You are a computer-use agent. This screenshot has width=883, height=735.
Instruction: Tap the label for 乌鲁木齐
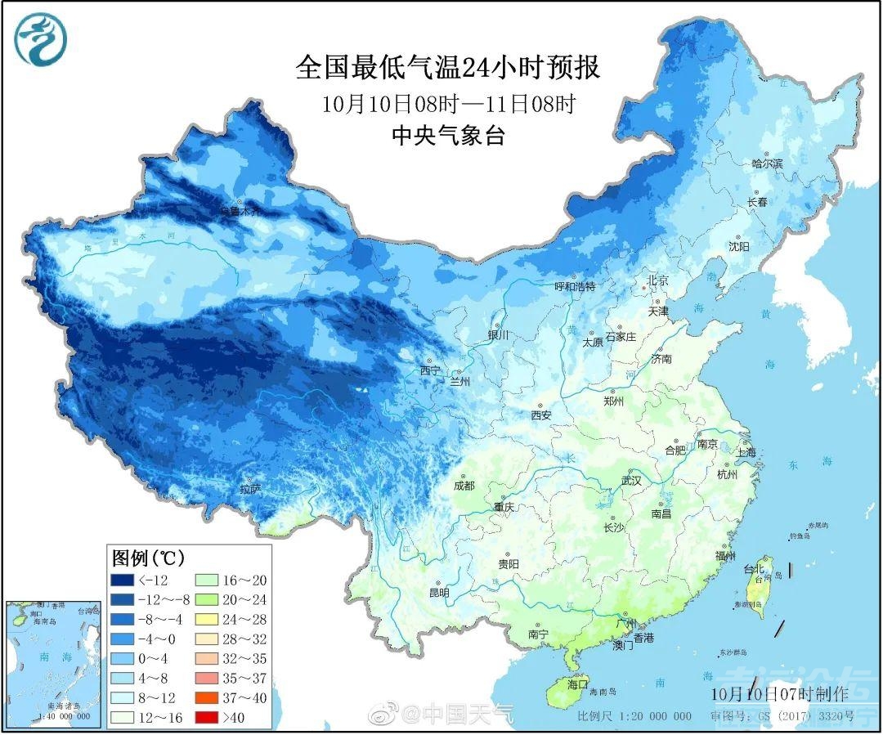240,211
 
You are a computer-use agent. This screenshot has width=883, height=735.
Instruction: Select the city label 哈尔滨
767,164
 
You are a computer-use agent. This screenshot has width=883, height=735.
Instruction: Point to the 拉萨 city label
250,489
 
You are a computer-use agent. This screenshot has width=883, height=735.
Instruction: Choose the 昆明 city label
439,593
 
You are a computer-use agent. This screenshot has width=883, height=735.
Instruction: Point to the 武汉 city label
631,480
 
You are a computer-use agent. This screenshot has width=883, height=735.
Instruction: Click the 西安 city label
540,415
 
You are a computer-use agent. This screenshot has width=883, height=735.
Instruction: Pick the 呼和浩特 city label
575,287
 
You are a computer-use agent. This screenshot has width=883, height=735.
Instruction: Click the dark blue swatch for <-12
123,580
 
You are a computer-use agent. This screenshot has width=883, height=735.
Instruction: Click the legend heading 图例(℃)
148,558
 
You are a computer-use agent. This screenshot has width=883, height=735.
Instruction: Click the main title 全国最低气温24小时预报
447,67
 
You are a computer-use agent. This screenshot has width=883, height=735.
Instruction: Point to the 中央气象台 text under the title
447,135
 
